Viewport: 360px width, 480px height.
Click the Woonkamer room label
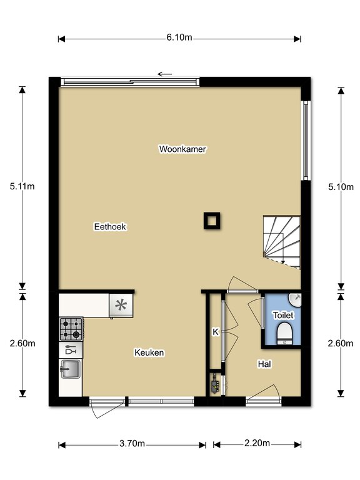point(182,149)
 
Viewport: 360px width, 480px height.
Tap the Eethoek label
point(110,226)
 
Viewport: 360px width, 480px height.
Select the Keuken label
point(149,352)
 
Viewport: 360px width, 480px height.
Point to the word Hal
point(264,364)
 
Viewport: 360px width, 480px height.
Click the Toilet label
point(283,315)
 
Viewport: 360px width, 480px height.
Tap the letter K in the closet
point(216,332)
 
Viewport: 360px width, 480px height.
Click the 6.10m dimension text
point(179,37)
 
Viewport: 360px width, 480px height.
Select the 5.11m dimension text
point(22,186)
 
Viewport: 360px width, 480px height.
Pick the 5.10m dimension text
point(341,187)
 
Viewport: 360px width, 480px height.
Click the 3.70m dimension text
point(132,444)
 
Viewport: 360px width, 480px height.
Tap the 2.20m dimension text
point(257,443)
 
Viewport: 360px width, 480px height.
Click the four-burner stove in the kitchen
point(71,329)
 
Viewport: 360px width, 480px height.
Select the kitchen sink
point(71,369)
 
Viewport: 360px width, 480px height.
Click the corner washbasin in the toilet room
point(294,300)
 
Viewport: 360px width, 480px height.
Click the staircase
point(282,242)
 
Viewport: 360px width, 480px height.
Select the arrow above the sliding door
point(165,74)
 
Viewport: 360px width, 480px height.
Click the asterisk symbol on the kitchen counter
point(121,305)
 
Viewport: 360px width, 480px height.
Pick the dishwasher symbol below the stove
point(71,350)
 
